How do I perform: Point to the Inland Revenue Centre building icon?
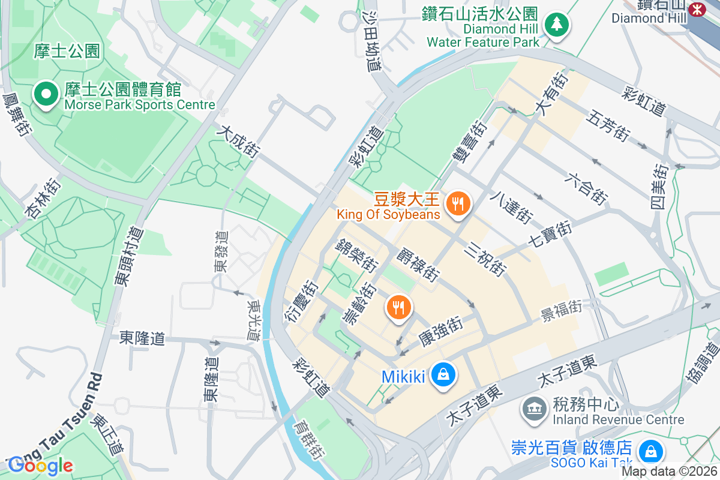532,410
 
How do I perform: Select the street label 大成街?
238,142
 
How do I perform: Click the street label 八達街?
511,205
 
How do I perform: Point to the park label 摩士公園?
67,51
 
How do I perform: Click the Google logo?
41,465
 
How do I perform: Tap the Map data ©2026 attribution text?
669,472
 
